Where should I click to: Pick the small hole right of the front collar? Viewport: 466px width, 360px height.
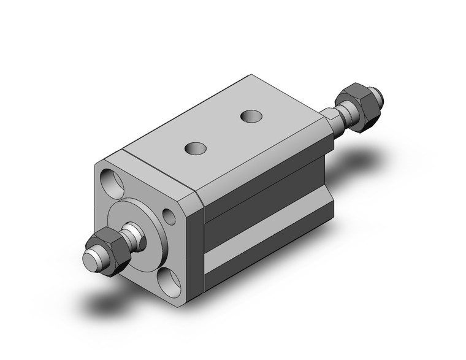[x=168, y=215]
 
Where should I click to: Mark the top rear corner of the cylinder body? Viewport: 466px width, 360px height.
[x=250, y=76]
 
